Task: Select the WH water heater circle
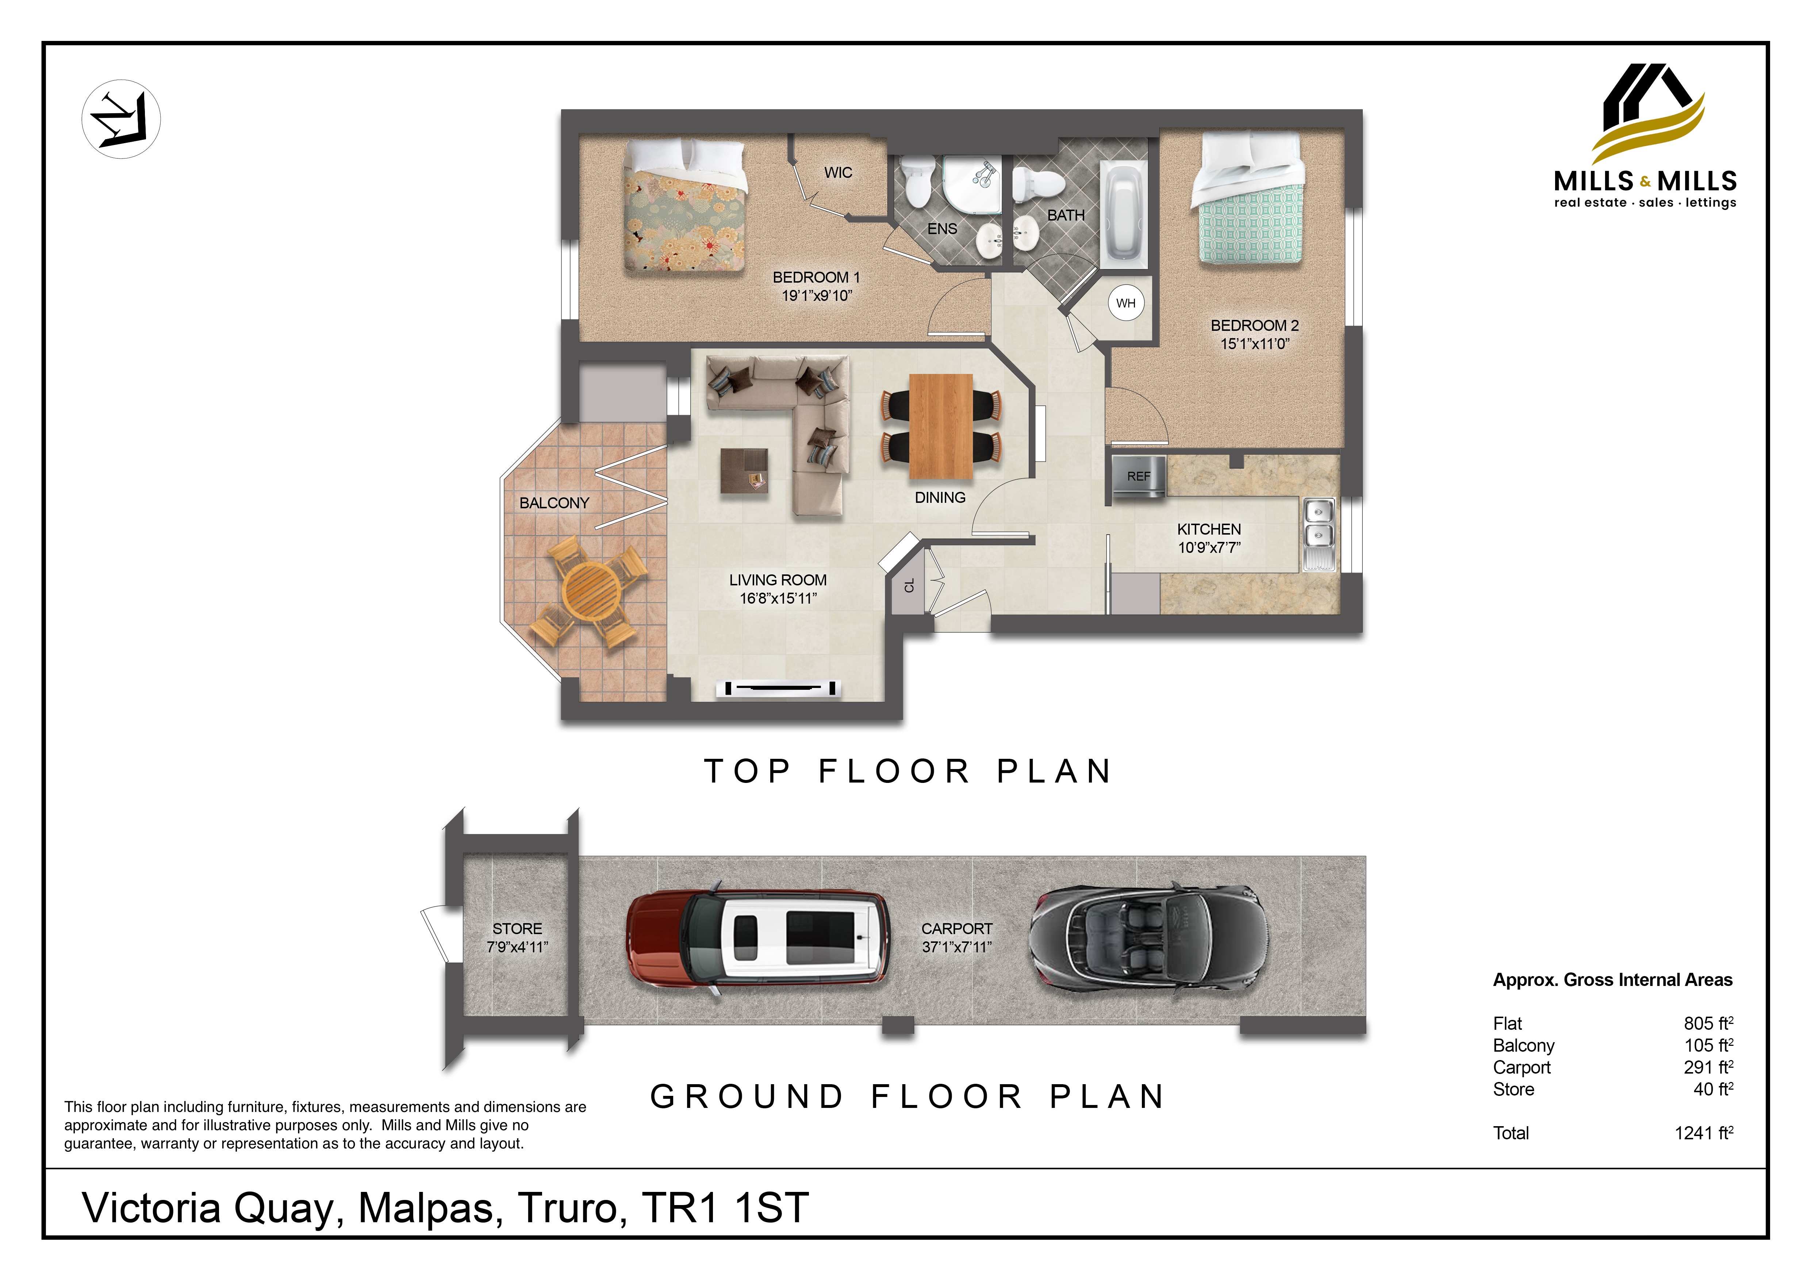click(1125, 303)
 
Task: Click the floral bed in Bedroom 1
click(685, 205)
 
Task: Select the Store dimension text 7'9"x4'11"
click(517, 947)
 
